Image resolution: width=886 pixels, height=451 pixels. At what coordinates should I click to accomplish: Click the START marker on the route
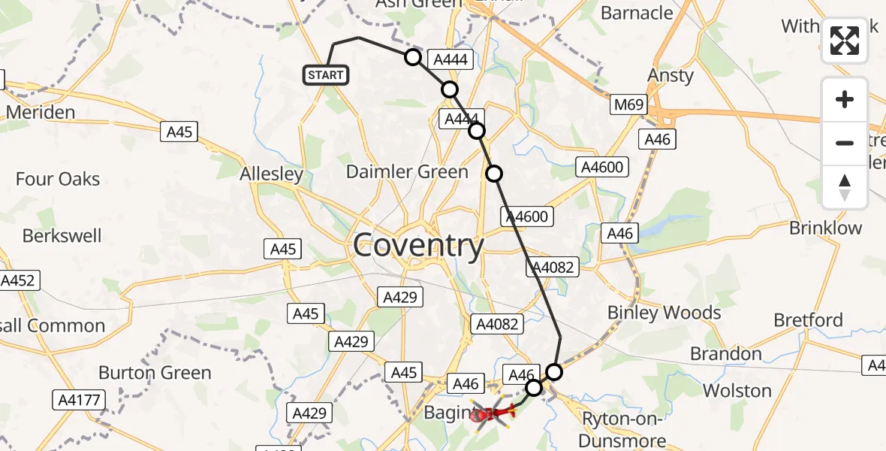325,75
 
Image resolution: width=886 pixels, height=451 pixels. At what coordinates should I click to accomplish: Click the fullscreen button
845,41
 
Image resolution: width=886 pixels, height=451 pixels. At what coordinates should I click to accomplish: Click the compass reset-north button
845,186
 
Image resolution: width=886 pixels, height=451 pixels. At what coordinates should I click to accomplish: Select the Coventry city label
418,246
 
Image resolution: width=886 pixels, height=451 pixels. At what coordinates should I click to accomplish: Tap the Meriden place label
41,113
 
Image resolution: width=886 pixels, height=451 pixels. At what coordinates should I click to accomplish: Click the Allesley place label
271,174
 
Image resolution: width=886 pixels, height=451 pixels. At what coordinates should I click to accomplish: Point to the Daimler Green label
407,172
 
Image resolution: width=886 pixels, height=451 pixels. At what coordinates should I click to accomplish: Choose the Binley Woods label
664,313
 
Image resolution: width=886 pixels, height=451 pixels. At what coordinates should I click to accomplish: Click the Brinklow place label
825,228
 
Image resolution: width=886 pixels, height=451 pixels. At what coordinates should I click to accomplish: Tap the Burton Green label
155,373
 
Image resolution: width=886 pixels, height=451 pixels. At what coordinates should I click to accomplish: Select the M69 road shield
627,104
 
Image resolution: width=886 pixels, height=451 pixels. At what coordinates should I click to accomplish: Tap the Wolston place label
737,390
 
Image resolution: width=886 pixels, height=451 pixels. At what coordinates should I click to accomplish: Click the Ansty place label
671,76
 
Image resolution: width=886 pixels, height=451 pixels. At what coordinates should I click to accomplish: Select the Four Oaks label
58,179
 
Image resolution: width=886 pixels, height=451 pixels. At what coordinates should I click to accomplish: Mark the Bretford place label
808,321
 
